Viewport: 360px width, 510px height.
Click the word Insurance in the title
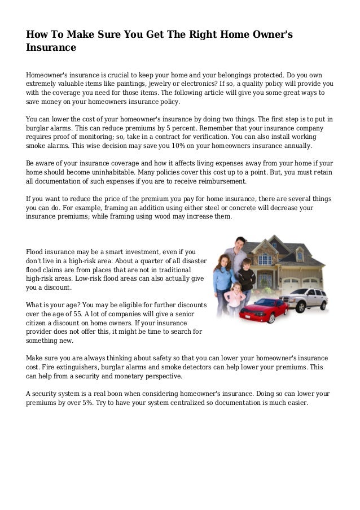click(51, 48)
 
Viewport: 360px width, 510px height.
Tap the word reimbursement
click(219, 182)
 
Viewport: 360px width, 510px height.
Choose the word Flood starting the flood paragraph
click(36, 251)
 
